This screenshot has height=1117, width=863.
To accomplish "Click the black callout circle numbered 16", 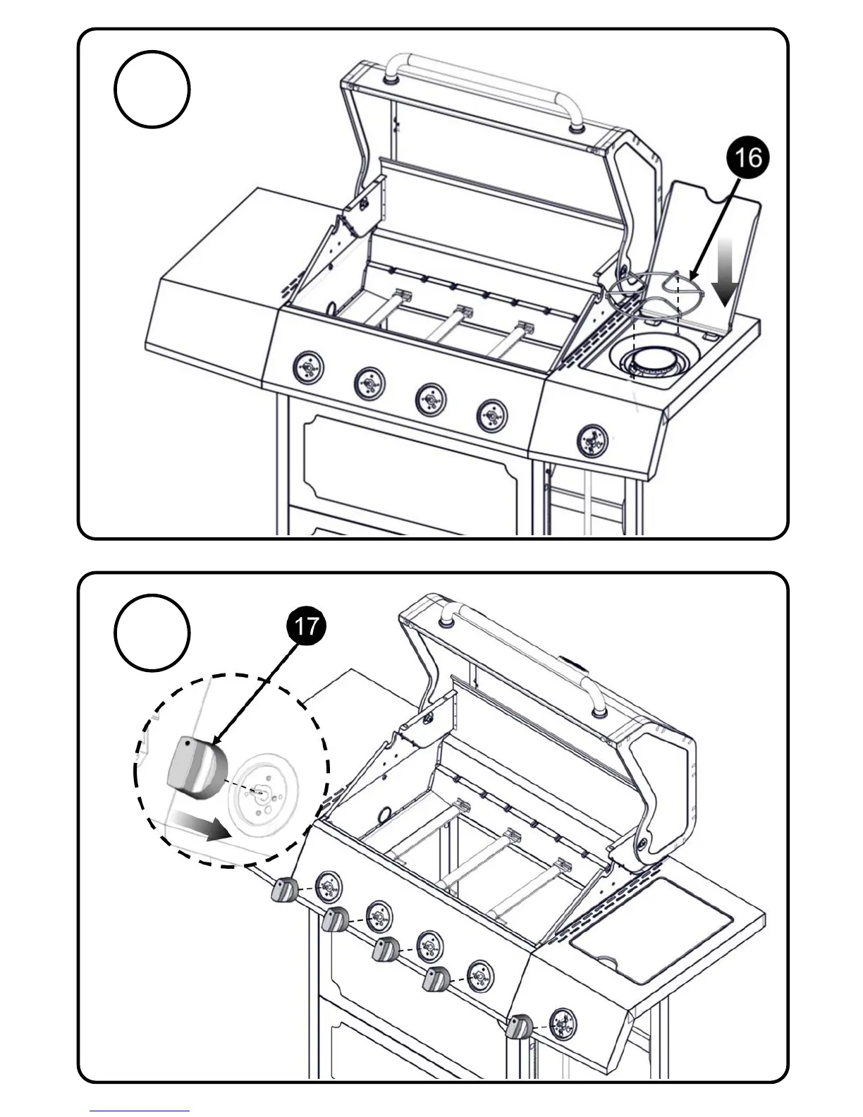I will [748, 157].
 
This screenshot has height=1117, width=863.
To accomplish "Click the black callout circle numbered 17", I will [306, 625].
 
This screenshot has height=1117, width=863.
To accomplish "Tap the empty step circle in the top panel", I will [152, 90].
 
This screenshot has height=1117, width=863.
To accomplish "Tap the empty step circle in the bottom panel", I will [152, 633].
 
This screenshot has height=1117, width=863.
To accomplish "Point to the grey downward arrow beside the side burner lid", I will [724, 272].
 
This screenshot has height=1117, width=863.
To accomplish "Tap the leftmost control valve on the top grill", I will [308, 367].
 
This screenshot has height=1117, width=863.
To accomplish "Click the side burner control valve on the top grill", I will [592, 441].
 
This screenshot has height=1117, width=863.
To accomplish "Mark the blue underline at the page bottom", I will [140, 1111].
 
